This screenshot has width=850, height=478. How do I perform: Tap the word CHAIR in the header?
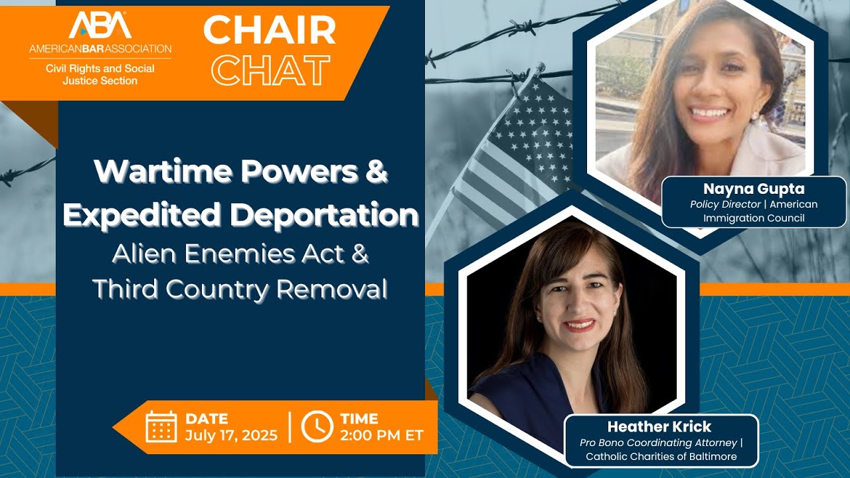point(269,31)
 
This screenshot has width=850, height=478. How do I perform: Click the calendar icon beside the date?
point(161,427)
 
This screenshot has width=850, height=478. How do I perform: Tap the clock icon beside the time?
point(317,427)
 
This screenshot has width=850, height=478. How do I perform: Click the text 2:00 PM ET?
point(381,436)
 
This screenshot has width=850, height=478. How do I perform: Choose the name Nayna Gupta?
point(754,189)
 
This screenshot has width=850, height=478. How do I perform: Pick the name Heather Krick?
point(659,426)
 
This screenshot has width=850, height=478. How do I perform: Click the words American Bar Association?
point(100,48)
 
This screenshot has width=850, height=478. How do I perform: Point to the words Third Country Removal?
point(240,289)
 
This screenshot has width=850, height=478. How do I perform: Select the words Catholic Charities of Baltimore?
point(661,457)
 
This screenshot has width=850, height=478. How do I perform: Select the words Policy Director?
point(725,204)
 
